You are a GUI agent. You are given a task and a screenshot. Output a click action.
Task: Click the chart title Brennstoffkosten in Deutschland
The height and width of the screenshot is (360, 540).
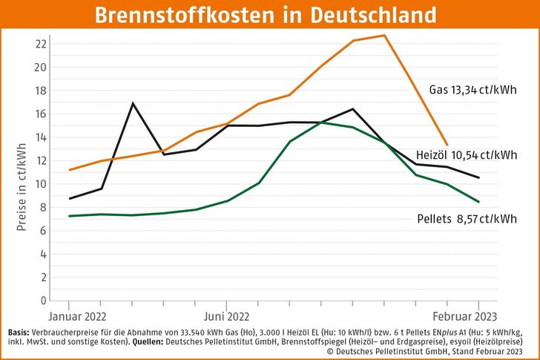pos(269,16)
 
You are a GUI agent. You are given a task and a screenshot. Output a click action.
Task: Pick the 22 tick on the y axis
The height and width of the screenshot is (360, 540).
pos(40,44)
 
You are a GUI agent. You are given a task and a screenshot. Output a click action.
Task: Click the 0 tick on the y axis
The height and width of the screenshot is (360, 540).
pos(43,301)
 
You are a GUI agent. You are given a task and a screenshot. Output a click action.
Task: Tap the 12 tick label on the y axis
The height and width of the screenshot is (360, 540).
pos(40,160)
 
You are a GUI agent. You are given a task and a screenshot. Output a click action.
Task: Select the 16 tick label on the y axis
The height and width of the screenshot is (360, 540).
pos(40,114)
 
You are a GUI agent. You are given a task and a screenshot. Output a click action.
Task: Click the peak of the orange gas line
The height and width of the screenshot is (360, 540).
pos(384,35)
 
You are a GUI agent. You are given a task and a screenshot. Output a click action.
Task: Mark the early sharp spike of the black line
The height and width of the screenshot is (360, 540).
pos(133,103)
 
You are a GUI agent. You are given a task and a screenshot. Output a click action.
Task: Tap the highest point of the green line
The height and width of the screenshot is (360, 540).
pos(320,122)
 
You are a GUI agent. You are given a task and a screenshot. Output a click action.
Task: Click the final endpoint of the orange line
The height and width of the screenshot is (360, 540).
pos(447,145)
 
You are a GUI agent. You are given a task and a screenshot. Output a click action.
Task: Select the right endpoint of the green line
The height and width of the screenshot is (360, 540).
pos(478,201)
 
